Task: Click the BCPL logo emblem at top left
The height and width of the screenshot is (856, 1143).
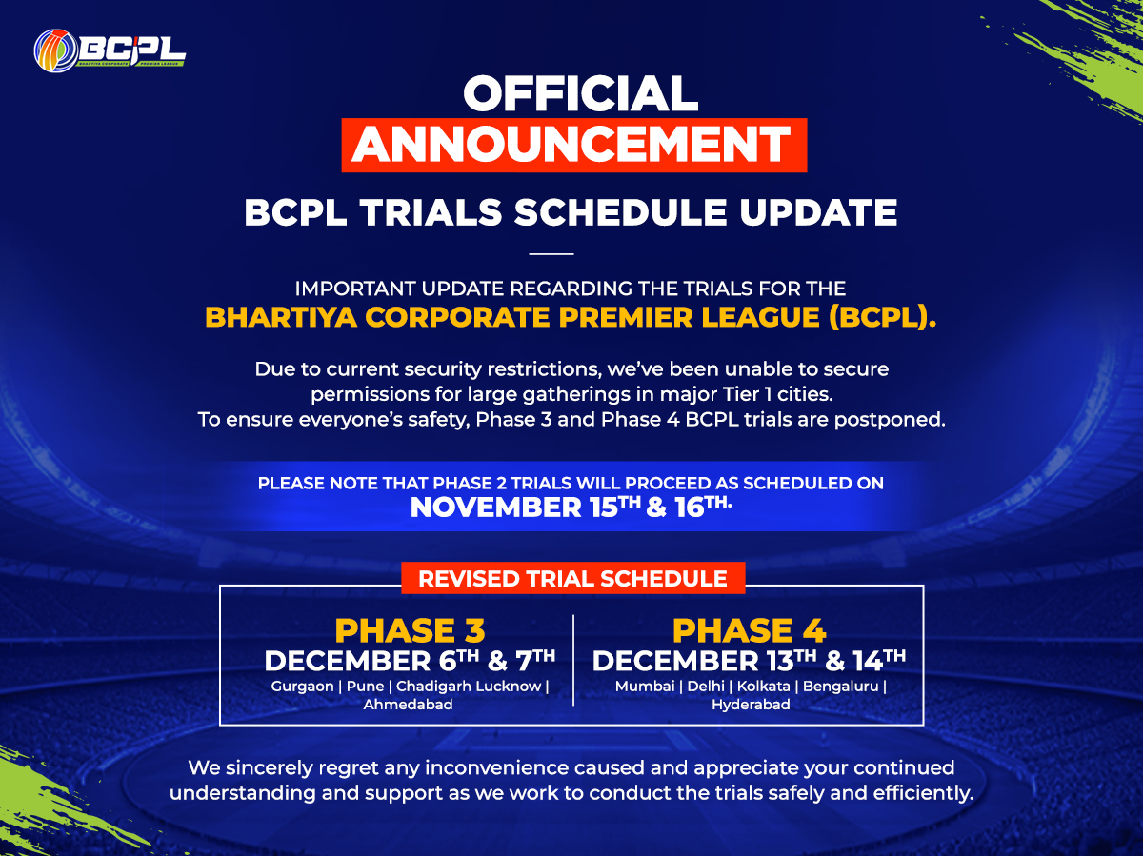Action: point(56,50)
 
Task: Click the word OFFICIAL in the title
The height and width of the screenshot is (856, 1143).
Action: point(581,93)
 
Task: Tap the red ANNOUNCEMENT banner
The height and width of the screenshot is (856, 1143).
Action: point(573,145)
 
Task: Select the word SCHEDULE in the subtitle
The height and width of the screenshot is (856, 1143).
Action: point(620,212)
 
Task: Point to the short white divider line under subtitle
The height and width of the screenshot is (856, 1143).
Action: point(551,254)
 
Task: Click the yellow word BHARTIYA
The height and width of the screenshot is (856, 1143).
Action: point(281,317)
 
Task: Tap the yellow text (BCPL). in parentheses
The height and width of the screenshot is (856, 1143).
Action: point(882,317)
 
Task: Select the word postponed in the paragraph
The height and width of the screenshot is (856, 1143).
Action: point(890,420)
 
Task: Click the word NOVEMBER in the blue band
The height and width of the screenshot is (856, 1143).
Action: point(495,508)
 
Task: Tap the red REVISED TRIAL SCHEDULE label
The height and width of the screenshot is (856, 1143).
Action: point(572,578)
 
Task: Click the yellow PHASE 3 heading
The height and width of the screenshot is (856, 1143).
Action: point(410,630)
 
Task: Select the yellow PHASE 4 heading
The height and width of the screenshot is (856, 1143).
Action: point(749,630)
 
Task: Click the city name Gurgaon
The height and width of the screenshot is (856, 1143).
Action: point(302,687)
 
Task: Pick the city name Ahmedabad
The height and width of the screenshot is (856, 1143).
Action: point(408,705)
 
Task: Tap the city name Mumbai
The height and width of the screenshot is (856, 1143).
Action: point(645,687)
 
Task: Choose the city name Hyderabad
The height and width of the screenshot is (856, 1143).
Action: point(751,706)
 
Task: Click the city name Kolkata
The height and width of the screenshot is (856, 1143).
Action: point(763,687)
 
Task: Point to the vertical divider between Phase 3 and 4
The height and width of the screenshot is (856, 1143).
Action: point(573,660)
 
